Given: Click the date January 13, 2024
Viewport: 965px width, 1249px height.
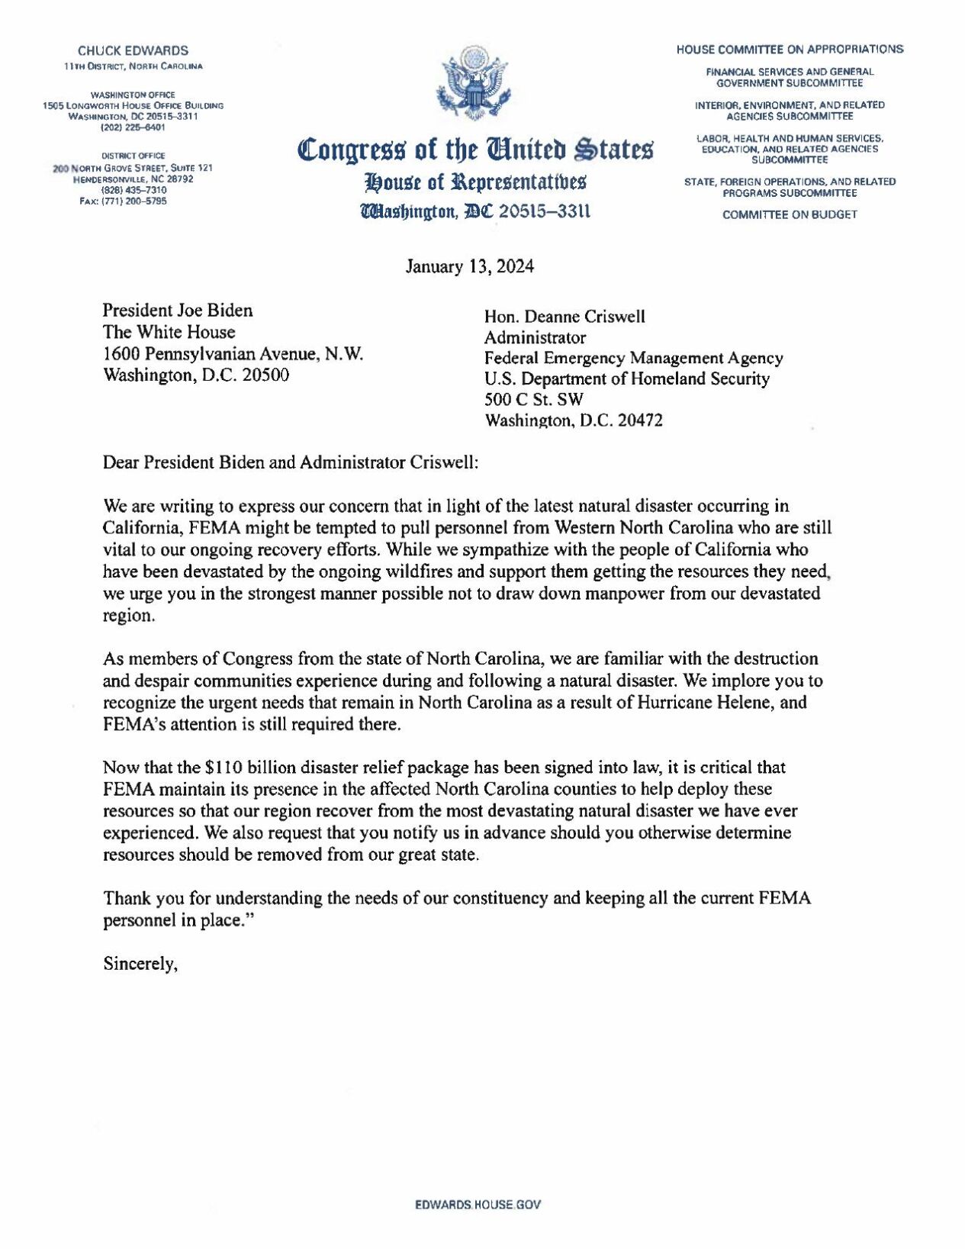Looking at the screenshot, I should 469,267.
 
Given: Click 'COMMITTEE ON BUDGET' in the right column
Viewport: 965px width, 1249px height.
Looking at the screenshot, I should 790,214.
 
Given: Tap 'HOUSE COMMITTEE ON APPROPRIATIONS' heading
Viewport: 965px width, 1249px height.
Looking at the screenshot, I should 790,50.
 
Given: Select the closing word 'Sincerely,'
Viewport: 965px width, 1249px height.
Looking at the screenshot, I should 141,964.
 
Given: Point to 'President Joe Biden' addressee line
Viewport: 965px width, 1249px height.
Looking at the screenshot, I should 178,311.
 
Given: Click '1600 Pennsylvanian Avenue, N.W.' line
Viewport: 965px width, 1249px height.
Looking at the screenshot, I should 233,354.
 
